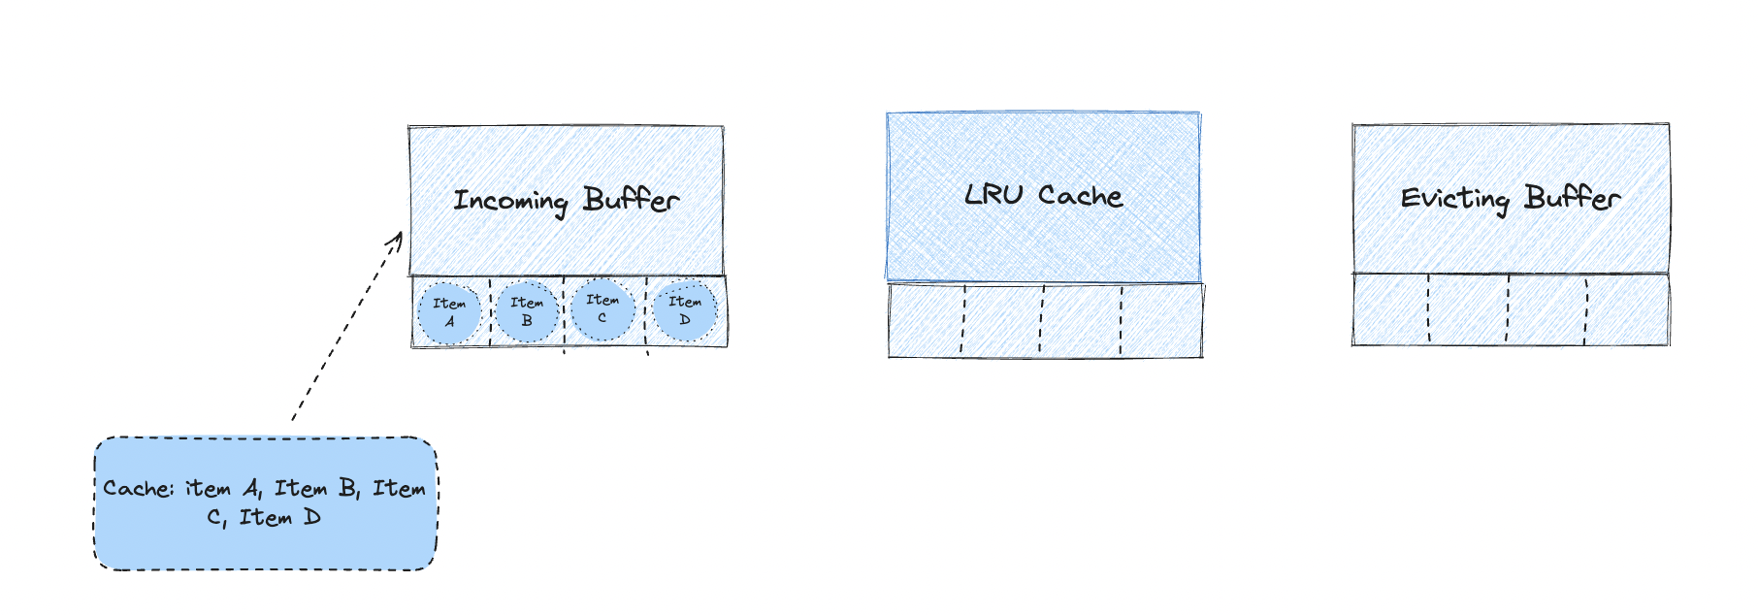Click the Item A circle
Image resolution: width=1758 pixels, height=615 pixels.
point(449,313)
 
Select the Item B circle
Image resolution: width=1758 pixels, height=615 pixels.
point(527,311)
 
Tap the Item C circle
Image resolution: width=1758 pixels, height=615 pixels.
point(602,309)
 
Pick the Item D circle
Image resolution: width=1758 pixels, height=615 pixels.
point(685,310)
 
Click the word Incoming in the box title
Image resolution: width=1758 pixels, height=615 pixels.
point(511,201)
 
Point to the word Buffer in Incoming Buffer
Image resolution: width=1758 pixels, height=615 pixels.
point(631,199)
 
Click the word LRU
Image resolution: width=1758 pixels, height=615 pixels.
point(993,195)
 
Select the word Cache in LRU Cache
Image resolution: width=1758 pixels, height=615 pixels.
point(1080,196)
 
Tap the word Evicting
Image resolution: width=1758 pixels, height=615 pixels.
point(1455,199)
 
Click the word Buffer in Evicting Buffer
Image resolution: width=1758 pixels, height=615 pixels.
point(1572,198)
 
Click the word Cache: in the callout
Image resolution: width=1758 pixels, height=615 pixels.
point(139,489)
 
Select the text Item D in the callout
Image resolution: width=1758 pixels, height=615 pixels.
point(280,518)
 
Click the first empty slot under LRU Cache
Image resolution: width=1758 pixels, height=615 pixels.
point(926,320)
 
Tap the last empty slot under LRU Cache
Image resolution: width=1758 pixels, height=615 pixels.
point(1161,320)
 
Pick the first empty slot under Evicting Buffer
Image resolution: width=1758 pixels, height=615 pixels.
point(1390,309)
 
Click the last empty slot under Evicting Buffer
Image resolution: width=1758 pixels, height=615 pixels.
point(1628,309)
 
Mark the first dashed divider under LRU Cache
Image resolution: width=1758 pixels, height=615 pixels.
point(963,319)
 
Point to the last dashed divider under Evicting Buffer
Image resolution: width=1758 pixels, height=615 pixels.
point(1587,310)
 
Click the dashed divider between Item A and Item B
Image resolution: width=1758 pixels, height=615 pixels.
point(490,312)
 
